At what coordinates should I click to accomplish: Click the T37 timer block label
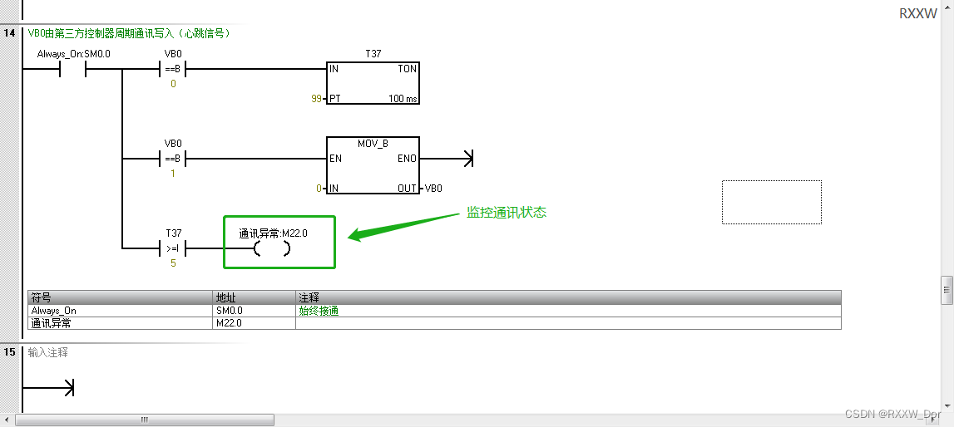373,53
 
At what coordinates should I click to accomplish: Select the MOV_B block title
373,144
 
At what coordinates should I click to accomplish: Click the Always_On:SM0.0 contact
73,69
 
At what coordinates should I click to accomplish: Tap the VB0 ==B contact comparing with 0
172,69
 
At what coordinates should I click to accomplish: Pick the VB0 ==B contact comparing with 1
172,159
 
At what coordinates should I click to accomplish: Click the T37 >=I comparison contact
172,248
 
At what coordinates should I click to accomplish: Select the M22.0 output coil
272,248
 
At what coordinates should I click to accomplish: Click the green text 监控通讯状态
506,213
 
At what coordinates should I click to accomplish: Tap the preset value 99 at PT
315,99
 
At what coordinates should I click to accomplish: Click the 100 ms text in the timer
403,99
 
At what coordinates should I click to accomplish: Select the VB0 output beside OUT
433,189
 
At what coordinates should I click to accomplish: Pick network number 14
10,33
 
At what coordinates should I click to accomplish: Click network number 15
10,352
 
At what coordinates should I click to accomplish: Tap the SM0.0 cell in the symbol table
229,311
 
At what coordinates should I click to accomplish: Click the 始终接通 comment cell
319,311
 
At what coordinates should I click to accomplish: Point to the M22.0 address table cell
229,323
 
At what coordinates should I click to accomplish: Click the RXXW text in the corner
917,13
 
